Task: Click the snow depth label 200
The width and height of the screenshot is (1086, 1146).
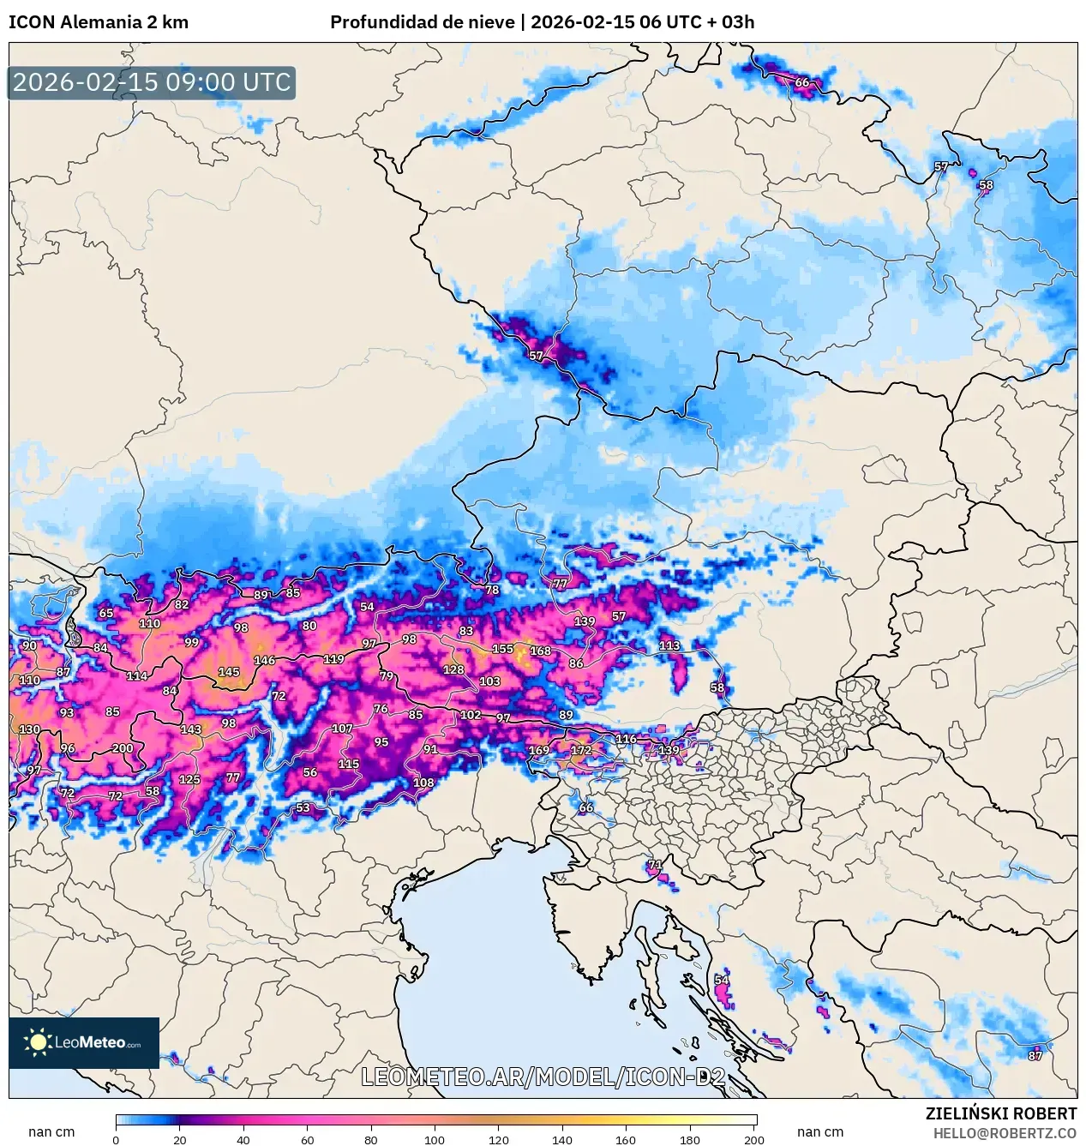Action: tap(123, 748)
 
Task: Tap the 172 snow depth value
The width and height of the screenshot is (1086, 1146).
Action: tap(581, 750)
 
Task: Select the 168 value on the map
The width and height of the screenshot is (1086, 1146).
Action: tap(540, 651)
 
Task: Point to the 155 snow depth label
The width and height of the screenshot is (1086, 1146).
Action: tap(502, 649)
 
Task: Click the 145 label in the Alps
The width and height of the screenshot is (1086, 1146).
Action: tap(229, 672)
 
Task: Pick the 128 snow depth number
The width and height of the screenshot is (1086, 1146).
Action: tap(453, 670)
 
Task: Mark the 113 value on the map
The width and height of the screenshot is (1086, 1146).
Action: tap(669, 645)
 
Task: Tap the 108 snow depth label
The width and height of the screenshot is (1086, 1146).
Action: tap(423, 783)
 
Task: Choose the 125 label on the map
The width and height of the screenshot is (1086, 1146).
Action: tap(189, 780)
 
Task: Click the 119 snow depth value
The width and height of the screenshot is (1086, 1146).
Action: tap(333, 659)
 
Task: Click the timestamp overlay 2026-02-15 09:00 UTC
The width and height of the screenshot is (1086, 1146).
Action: tap(152, 83)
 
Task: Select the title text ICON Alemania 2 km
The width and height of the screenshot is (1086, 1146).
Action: tap(99, 22)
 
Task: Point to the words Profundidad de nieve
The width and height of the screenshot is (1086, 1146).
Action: tap(423, 22)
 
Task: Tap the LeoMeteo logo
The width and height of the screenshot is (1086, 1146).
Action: tap(84, 1042)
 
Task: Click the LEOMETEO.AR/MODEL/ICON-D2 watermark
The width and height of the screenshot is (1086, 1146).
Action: tap(543, 1077)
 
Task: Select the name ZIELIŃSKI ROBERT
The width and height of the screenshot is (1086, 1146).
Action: tap(1000, 1113)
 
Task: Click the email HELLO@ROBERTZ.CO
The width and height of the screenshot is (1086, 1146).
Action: tap(1005, 1133)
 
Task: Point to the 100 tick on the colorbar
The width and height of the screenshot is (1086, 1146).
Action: tap(435, 1140)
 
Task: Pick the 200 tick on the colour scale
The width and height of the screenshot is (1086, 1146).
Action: tap(754, 1140)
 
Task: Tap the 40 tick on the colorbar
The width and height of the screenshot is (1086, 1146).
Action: tap(243, 1140)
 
